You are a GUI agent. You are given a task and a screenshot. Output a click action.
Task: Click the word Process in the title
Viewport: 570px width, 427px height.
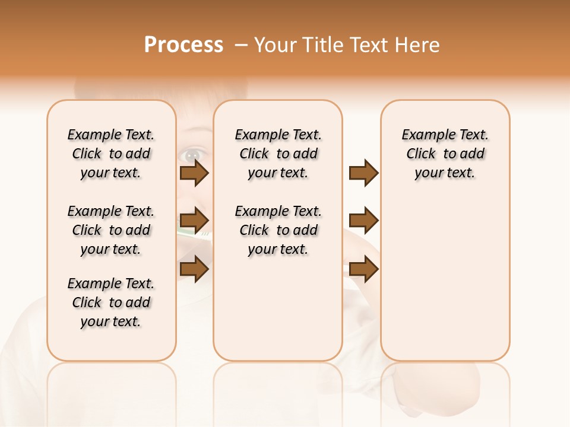pos(183,45)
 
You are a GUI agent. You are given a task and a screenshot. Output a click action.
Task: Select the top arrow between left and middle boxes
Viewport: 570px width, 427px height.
pos(194,173)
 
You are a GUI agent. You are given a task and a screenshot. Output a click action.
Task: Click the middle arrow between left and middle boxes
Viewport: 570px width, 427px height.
pos(194,221)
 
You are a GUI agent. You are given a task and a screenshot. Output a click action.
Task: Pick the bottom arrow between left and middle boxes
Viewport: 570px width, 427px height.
pos(194,269)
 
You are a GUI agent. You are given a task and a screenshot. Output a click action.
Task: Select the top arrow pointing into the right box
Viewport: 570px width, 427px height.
pos(363,173)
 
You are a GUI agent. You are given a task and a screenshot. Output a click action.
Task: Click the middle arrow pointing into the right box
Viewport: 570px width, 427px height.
pos(363,221)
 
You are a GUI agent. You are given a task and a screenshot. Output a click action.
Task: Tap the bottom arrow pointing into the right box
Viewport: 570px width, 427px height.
pos(363,269)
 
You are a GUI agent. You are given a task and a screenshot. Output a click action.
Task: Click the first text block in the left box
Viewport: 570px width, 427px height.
pos(111,154)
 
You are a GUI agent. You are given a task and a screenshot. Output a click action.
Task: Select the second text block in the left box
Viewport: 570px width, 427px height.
pos(111,230)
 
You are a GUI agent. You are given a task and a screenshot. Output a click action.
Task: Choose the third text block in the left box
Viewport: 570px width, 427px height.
pos(111,302)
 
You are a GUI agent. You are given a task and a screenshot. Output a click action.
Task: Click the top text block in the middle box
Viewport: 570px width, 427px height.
pos(278,154)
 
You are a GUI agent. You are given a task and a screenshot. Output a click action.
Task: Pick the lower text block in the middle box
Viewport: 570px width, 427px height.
pos(278,230)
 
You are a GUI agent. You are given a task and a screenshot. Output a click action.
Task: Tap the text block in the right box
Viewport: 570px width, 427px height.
pos(445,154)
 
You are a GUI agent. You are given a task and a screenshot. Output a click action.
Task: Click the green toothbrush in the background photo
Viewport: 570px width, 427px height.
pos(193,235)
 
